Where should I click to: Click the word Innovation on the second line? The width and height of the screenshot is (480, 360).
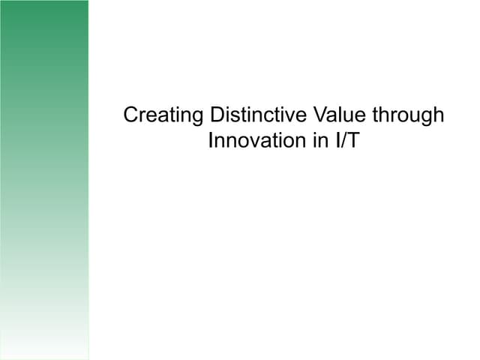[253, 140]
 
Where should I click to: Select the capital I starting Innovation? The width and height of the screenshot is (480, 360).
[211, 140]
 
